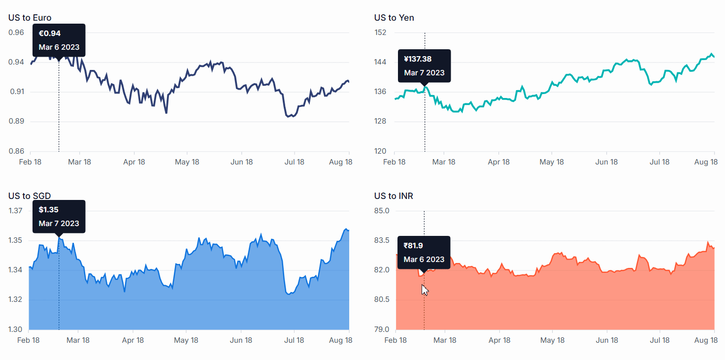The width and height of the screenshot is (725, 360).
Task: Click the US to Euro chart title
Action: (x=30, y=18)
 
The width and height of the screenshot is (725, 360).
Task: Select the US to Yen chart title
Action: (x=394, y=18)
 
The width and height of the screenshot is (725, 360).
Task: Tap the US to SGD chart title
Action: (x=30, y=196)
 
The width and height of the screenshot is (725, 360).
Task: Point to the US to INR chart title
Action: (x=394, y=196)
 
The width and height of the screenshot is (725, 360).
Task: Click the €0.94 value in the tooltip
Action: (x=50, y=33)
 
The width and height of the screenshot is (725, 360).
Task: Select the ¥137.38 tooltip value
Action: (x=418, y=59)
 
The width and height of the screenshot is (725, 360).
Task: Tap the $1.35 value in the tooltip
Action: (x=49, y=210)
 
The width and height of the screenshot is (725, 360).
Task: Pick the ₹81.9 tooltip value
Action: (x=414, y=246)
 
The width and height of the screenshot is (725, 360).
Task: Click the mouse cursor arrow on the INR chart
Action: (x=425, y=290)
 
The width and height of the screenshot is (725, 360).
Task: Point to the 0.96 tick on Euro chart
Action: (x=16, y=33)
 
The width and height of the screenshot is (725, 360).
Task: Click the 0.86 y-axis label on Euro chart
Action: (x=16, y=151)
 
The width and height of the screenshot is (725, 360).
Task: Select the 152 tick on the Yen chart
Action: (x=380, y=33)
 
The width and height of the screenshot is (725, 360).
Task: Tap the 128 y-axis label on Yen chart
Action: (x=380, y=122)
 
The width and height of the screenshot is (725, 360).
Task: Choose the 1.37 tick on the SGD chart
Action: (x=16, y=211)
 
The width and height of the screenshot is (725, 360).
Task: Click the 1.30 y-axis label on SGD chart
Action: (x=16, y=329)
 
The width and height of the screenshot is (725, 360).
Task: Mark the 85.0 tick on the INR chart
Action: (x=381, y=211)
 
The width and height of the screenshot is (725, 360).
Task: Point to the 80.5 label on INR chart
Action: (x=381, y=300)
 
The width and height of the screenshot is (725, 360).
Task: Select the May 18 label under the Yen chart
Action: (x=552, y=162)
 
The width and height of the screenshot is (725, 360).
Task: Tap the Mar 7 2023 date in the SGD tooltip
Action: (x=59, y=224)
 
